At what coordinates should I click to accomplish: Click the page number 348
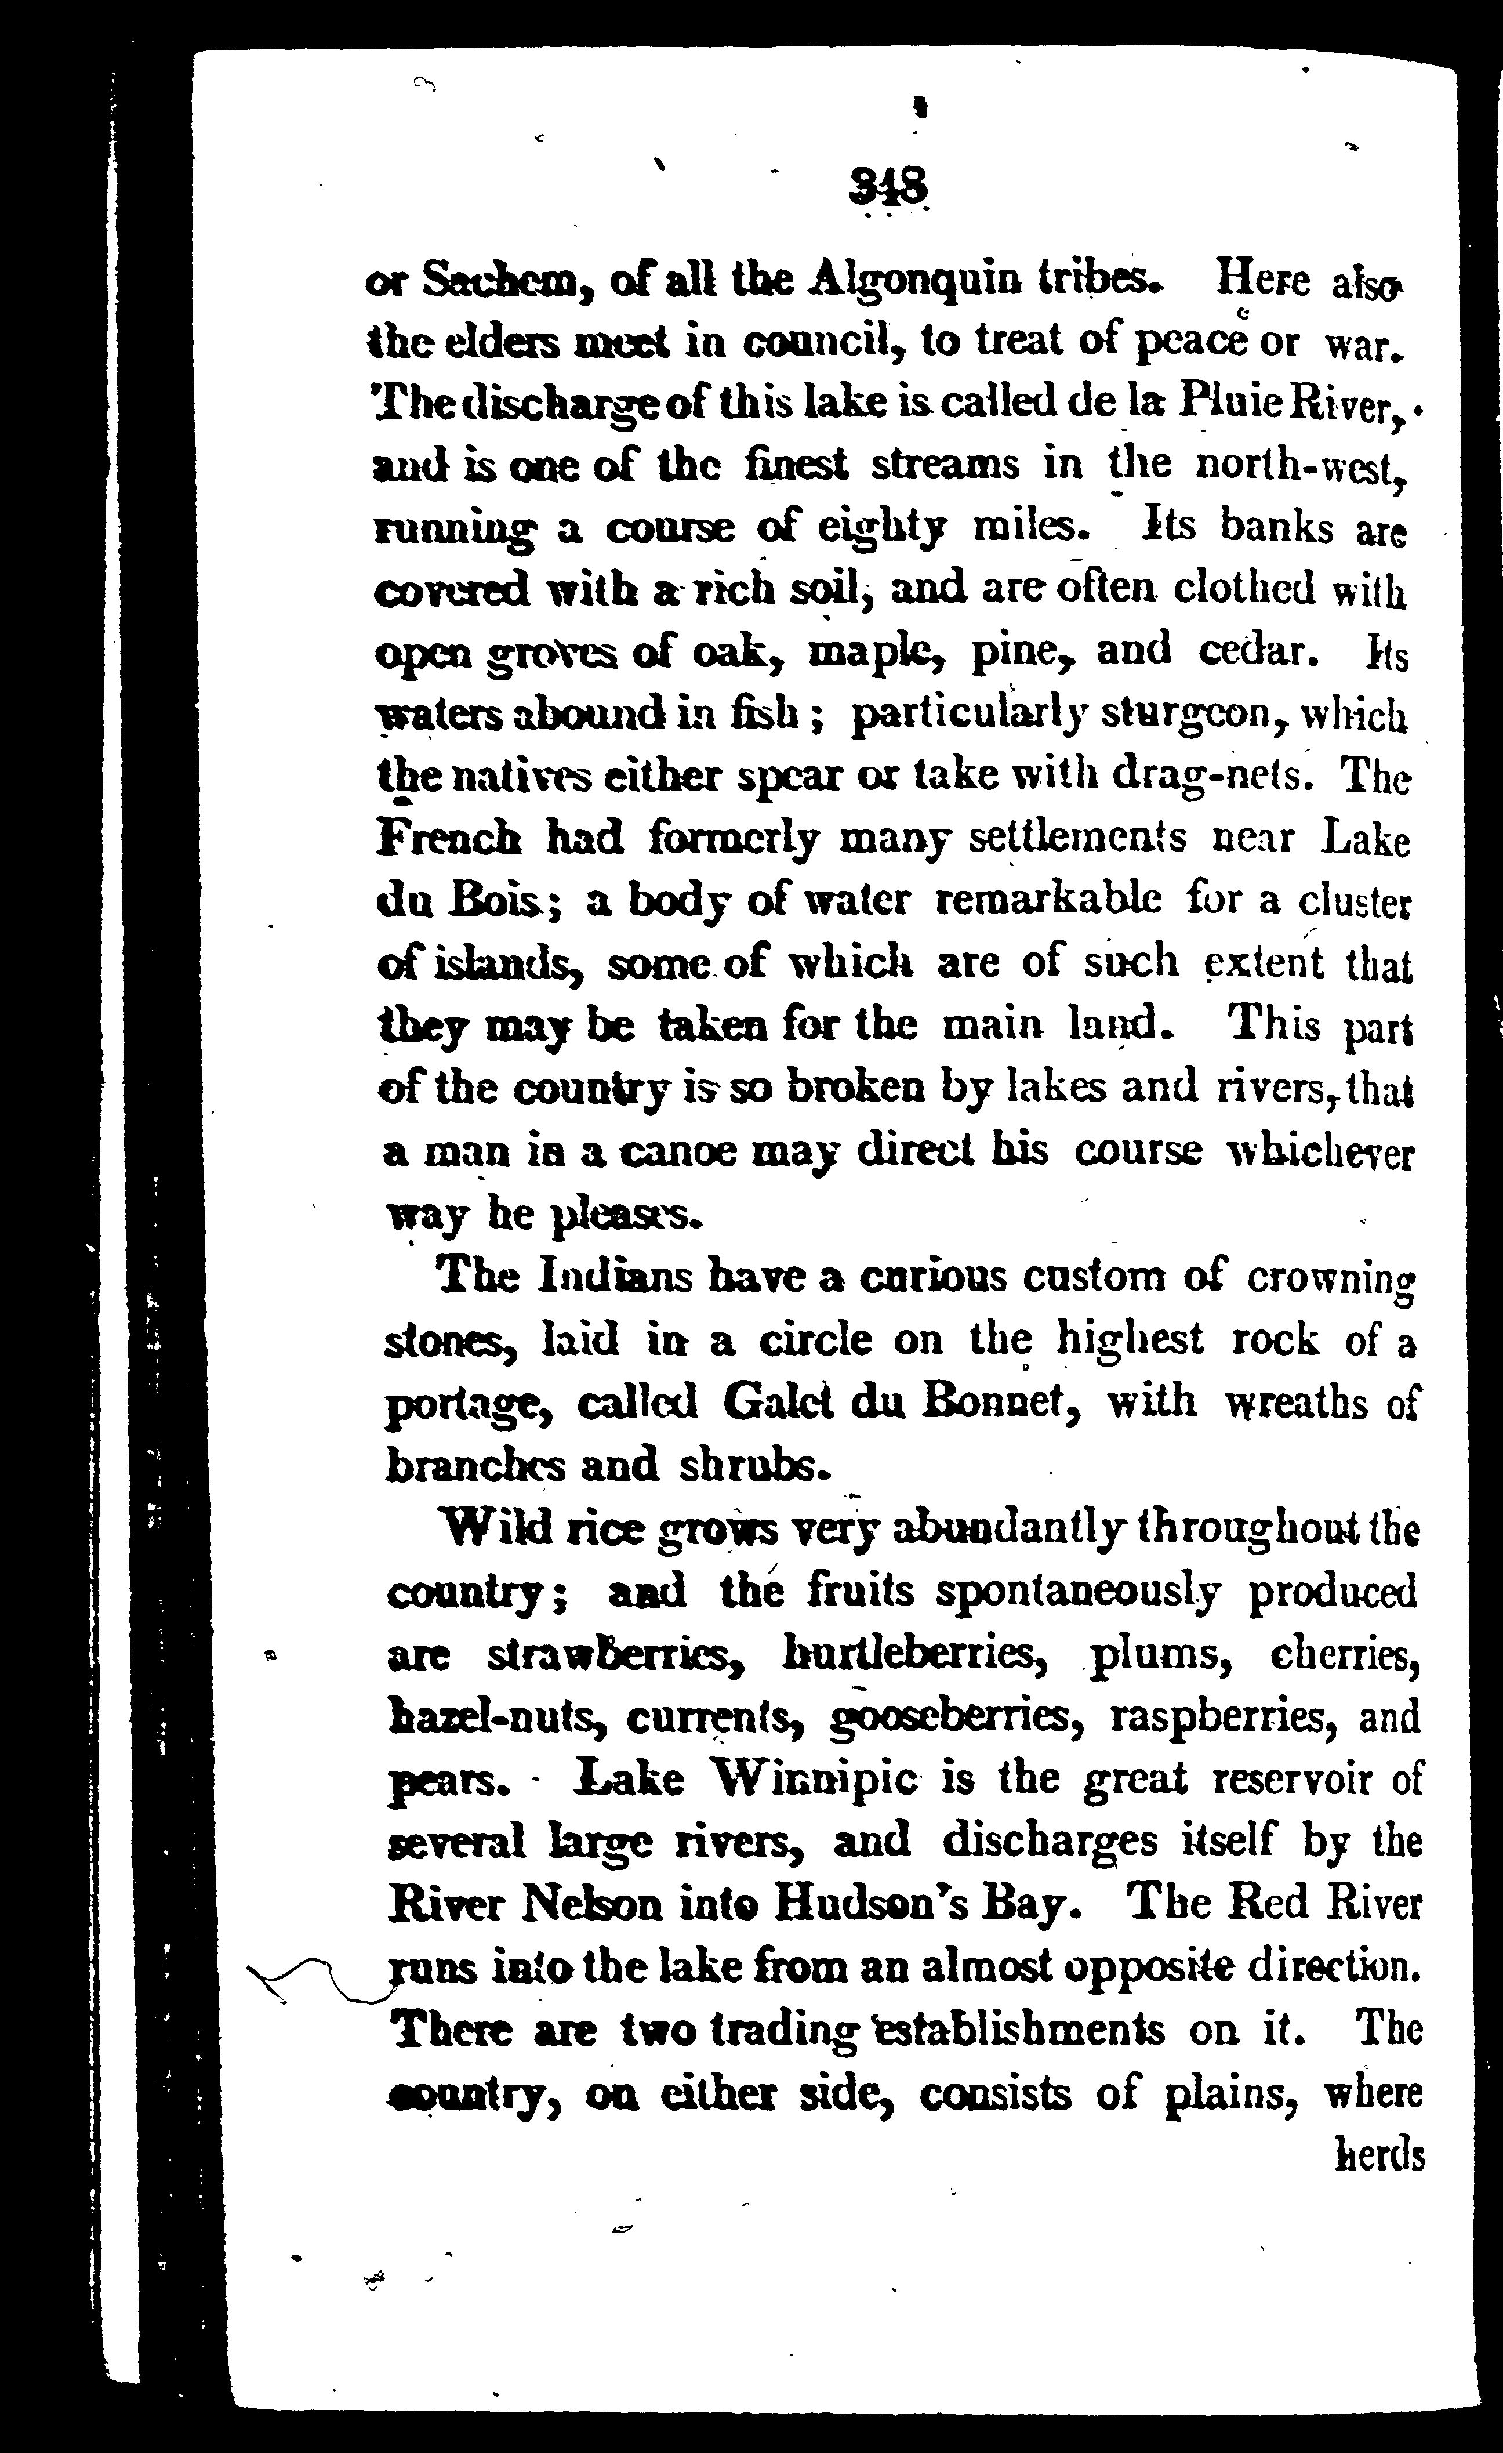tap(888, 185)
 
